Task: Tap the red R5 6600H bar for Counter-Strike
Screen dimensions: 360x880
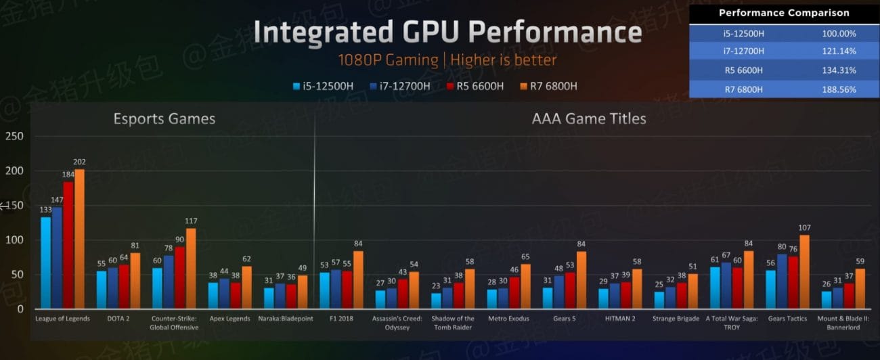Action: pyautogui.click(x=179, y=277)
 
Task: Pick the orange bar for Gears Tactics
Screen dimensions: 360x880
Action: pyautogui.click(x=804, y=271)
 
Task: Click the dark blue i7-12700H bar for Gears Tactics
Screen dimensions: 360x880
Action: pyautogui.click(x=781, y=281)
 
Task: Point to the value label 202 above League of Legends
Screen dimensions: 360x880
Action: pyautogui.click(x=79, y=162)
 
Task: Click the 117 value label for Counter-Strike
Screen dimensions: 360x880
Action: pyautogui.click(x=191, y=221)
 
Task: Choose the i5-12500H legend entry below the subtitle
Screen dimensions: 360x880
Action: pyautogui.click(x=324, y=86)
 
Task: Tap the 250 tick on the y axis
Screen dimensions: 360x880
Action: pyautogui.click(x=14, y=137)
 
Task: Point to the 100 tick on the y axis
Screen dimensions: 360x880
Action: pyautogui.click(x=14, y=240)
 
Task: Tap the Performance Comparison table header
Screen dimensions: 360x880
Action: pyautogui.click(x=784, y=13)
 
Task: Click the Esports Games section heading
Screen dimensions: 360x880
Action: pyautogui.click(x=164, y=119)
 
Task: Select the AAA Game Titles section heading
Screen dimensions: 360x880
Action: pyautogui.click(x=589, y=119)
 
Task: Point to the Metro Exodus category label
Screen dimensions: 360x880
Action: pyautogui.click(x=509, y=319)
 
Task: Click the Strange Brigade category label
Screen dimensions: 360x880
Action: pyautogui.click(x=676, y=319)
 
